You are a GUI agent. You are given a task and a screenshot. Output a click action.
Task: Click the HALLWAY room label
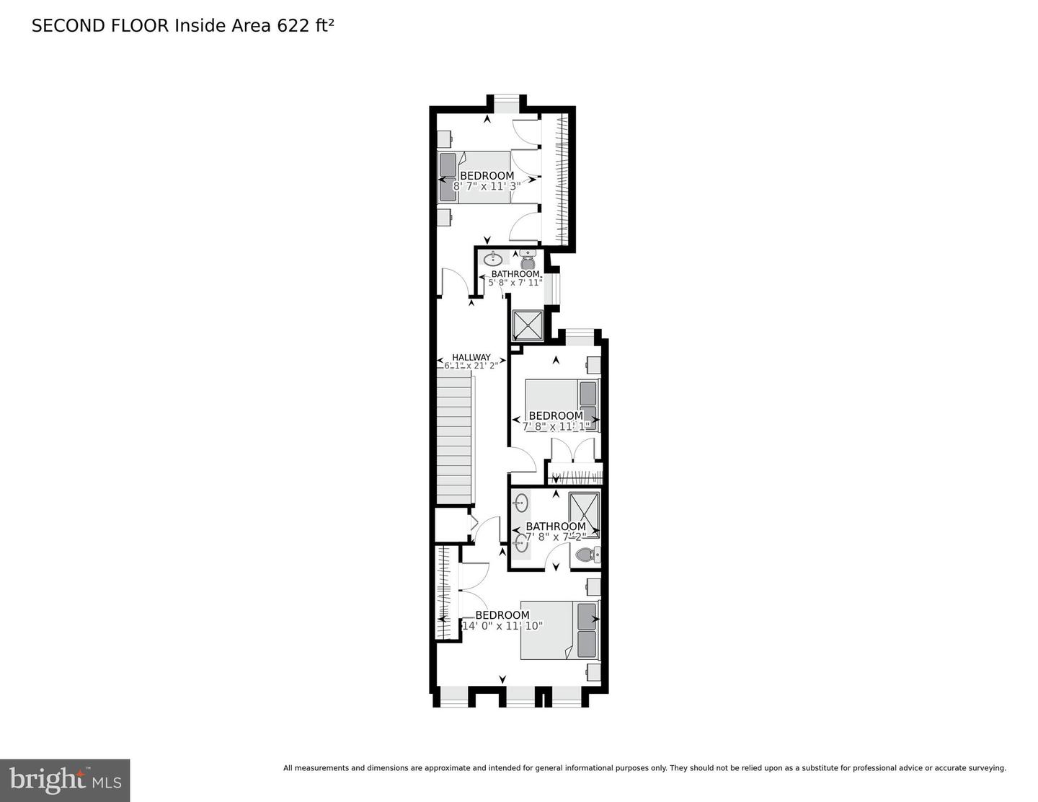pyautogui.click(x=471, y=357)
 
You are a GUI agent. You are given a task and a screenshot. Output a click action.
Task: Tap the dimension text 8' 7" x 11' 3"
pyautogui.click(x=487, y=186)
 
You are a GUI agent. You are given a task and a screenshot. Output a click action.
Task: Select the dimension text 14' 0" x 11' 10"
pyautogui.click(x=502, y=626)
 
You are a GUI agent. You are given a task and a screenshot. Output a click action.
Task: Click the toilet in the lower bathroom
pyautogui.click(x=585, y=555)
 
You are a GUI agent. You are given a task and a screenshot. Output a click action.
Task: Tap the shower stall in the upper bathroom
pyautogui.click(x=527, y=325)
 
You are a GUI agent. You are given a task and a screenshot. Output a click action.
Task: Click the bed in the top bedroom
pyautogui.click(x=475, y=177)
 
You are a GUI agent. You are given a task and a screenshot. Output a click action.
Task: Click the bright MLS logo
pyautogui.click(x=65, y=780)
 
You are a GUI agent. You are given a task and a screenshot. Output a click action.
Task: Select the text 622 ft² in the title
pyautogui.click(x=306, y=26)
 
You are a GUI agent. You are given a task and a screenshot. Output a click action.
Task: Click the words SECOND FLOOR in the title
pyautogui.click(x=100, y=26)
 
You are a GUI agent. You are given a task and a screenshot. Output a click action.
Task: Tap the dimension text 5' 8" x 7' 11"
pyautogui.click(x=515, y=283)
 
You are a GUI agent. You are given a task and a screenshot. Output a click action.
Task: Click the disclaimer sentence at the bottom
pyautogui.click(x=644, y=768)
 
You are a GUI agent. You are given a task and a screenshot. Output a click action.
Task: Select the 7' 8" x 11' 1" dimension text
pyautogui.click(x=556, y=426)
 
